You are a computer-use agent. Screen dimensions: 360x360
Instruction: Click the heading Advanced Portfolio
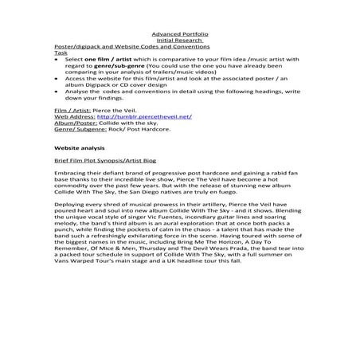[179, 34]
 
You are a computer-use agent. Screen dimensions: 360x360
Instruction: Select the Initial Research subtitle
[179, 41]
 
